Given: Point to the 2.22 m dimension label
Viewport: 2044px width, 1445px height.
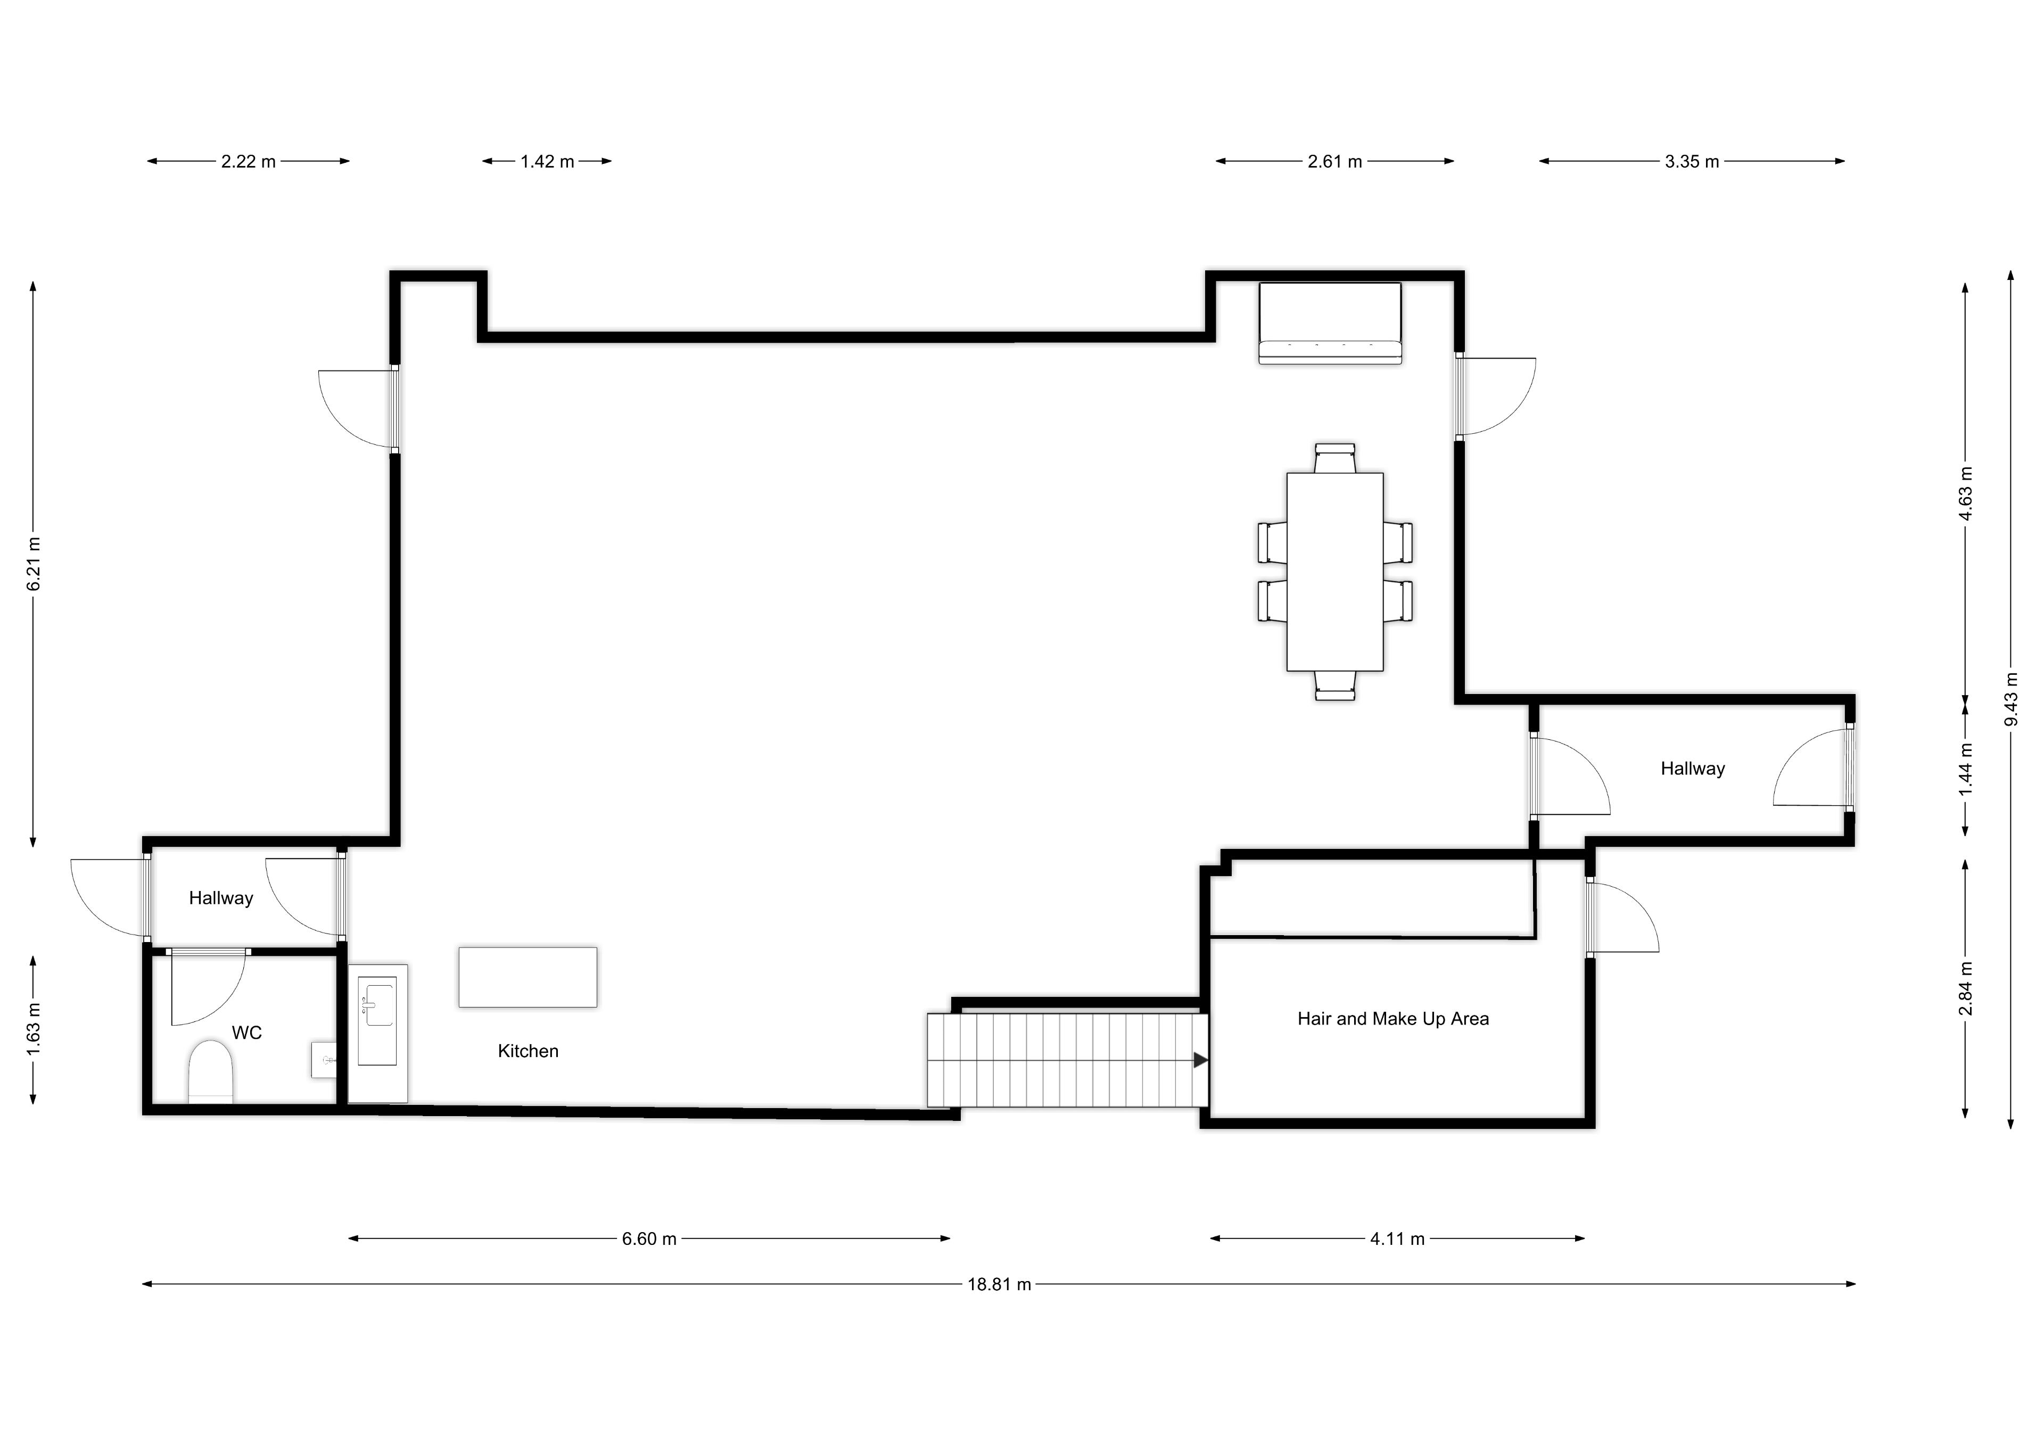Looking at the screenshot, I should tap(249, 161).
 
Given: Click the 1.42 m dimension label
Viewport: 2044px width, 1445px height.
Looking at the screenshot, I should tap(547, 161).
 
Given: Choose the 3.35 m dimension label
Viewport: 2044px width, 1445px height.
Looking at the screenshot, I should tap(1692, 161).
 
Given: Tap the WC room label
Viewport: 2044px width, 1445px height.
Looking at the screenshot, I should tap(246, 1032).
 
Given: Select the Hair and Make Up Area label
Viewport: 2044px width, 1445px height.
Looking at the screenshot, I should tap(1392, 1019).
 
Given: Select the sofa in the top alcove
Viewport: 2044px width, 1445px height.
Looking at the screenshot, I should tap(1330, 323).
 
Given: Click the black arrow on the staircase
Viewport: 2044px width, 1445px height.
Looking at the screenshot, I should tap(1200, 1060).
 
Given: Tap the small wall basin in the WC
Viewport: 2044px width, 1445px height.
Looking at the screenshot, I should tap(324, 1060).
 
